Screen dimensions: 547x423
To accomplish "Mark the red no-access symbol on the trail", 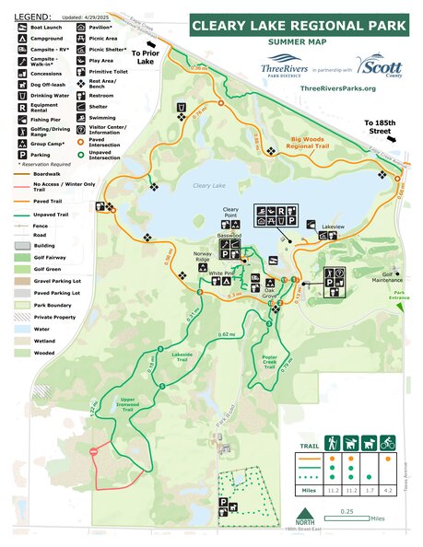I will click(93, 451).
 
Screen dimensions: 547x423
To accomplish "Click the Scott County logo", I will click(378, 67).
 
